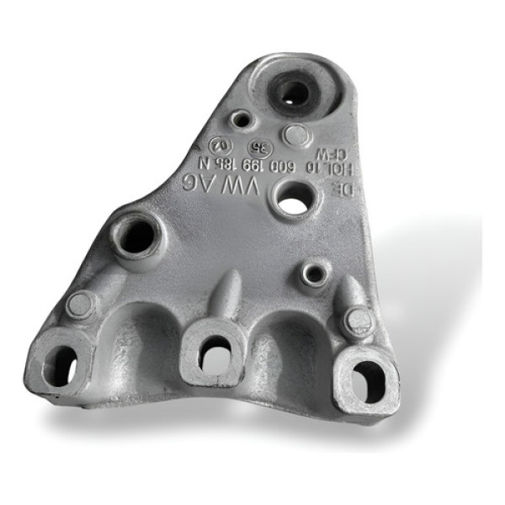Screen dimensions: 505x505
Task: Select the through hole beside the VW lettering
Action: click(x=292, y=204)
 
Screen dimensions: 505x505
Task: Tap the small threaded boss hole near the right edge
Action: click(x=315, y=273)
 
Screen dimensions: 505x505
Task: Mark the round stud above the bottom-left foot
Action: click(x=81, y=304)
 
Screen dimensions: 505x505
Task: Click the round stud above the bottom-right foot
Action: click(x=357, y=321)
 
